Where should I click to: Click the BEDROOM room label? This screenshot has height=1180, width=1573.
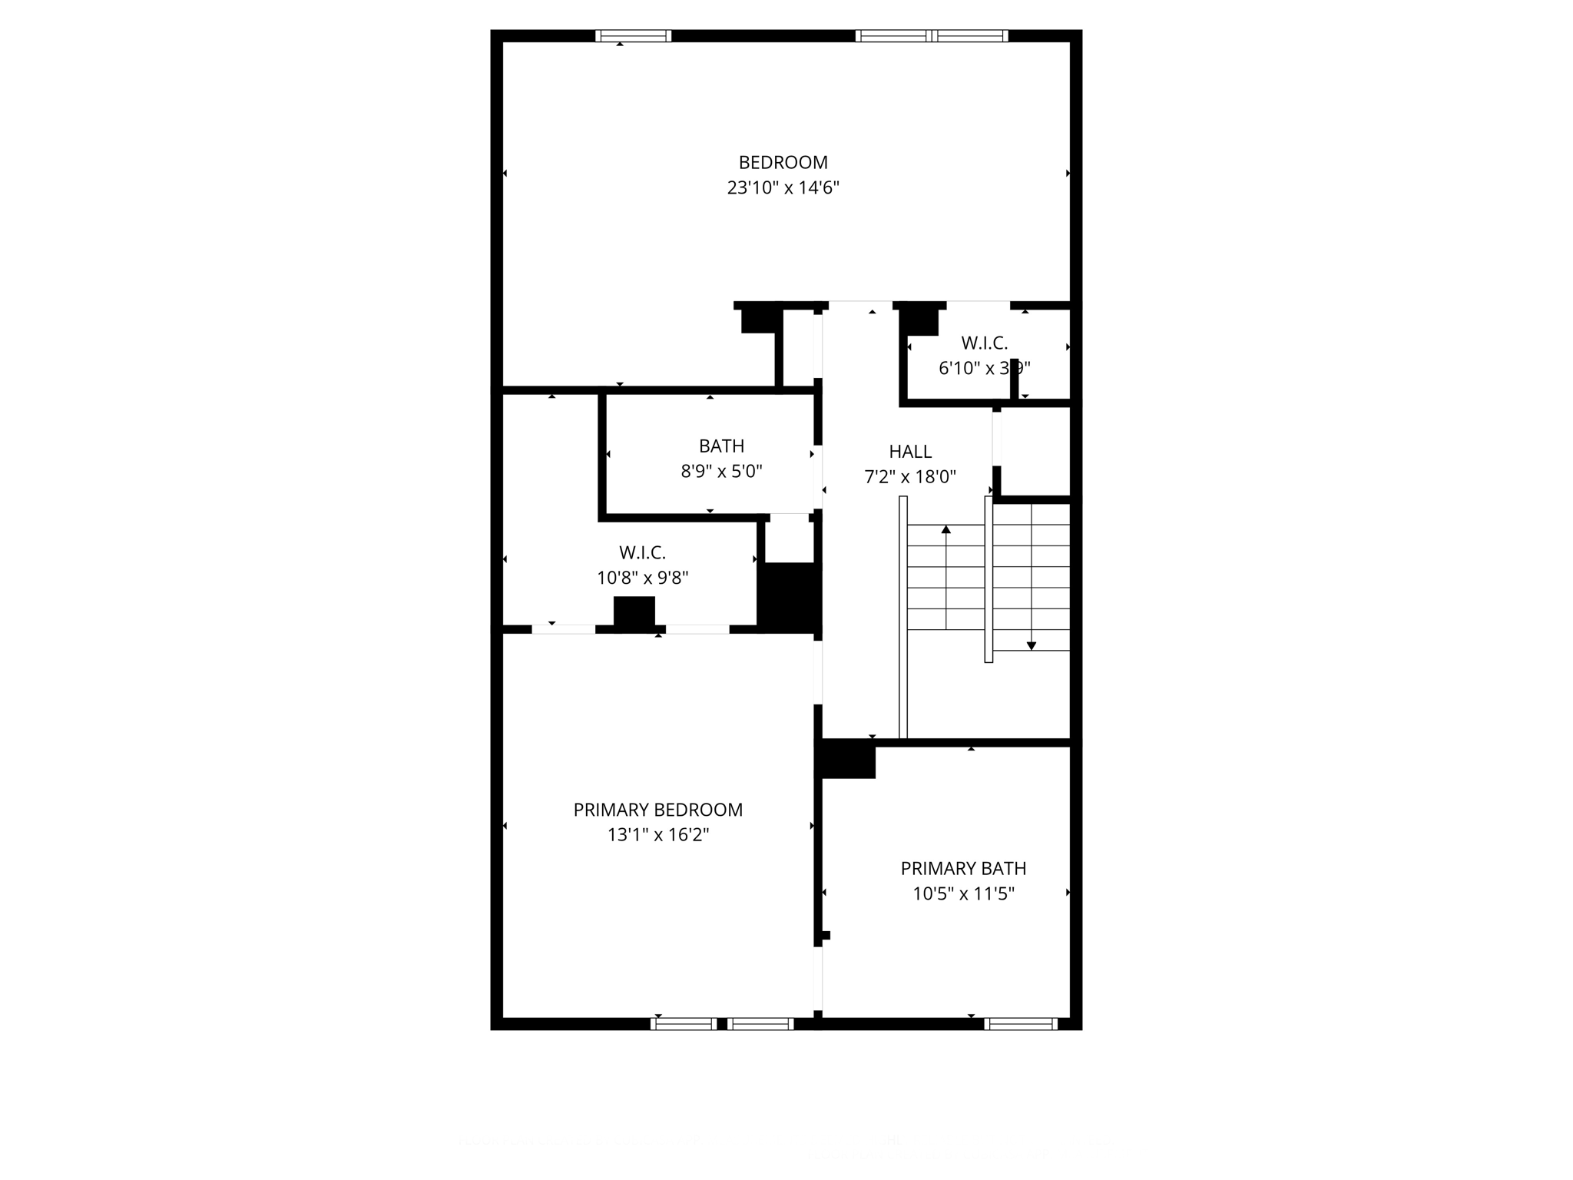(783, 162)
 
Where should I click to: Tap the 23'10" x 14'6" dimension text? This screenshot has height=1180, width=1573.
(783, 187)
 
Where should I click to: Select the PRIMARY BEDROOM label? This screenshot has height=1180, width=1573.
(657, 810)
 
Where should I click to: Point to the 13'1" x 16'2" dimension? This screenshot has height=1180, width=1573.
(657, 834)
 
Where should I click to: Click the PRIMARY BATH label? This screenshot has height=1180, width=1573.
(963, 868)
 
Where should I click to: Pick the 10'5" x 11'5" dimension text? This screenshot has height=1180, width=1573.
(963, 893)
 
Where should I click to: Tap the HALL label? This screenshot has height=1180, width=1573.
(910, 452)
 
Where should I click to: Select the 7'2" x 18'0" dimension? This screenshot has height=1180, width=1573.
(910, 477)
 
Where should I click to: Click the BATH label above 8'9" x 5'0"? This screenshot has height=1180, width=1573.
(721, 446)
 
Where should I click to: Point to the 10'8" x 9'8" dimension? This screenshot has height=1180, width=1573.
(642, 578)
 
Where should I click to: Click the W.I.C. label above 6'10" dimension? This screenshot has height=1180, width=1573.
(984, 343)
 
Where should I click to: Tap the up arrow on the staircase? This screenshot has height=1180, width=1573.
(945, 529)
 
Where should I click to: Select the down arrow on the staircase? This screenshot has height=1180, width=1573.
(1031, 645)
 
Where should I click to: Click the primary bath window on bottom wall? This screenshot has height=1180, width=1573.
(1020, 1023)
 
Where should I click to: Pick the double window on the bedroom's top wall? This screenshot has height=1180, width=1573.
(931, 35)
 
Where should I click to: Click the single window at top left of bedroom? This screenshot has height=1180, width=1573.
(633, 35)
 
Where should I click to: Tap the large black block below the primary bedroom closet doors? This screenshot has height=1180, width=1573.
(634, 612)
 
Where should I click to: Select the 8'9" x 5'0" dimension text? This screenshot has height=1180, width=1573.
(721, 471)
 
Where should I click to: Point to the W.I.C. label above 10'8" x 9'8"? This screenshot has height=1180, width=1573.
(642, 552)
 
